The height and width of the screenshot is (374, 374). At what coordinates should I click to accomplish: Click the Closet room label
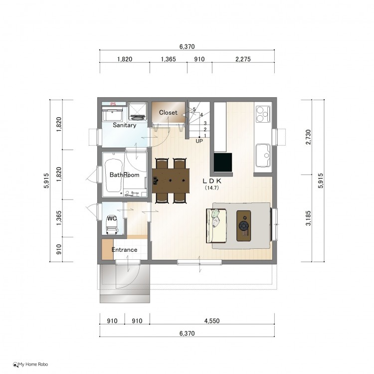click(168, 112)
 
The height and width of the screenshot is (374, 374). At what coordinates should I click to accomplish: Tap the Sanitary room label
click(124, 125)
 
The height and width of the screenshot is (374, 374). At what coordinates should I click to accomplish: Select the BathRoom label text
click(124, 175)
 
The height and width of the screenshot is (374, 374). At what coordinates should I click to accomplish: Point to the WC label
click(112, 218)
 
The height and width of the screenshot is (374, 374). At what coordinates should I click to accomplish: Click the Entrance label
click(124, 250)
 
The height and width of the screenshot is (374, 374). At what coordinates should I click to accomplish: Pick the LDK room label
click(212, 181)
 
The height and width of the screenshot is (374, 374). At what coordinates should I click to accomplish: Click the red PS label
click(113, 104)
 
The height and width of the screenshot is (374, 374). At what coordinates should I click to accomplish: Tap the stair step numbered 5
click(194, 109)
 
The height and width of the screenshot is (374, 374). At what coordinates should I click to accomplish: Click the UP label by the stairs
click(199, 141)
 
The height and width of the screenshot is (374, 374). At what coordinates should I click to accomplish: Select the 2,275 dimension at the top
click(243, 59)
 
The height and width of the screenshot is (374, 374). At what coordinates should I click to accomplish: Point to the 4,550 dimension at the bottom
click(212, 321)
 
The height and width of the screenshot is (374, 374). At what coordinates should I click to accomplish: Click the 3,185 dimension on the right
click(308, 218)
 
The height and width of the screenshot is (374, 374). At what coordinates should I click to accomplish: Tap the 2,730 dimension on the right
click(308, 137)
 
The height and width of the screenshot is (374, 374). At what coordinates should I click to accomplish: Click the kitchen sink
click(263, 156)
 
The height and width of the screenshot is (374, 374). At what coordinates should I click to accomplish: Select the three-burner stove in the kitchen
click(263, 114)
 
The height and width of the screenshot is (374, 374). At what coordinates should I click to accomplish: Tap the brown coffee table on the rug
click(243, 225)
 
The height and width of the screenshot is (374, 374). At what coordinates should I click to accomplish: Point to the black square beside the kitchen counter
click(223, 162)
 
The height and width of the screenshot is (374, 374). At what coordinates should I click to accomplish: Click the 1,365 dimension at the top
click(169, 59)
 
